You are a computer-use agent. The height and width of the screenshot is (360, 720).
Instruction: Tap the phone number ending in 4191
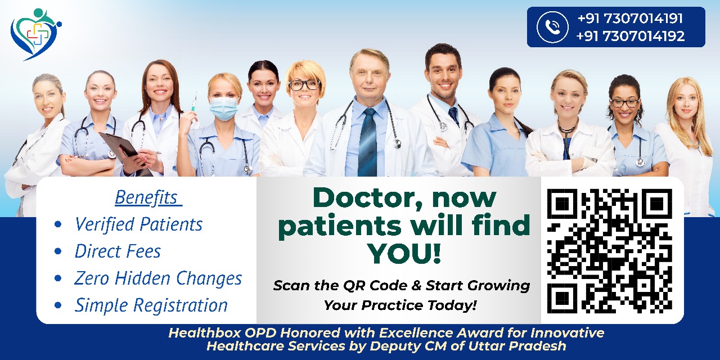(x=630, y=19)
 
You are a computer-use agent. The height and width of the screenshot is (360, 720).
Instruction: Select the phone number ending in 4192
(x=631, y=36)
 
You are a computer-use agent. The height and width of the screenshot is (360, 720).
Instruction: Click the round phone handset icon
(x=552, y=27)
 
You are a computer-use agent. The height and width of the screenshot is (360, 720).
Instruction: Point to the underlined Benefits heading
(x=148, y=197)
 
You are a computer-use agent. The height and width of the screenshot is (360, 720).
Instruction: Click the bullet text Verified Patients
(x=138, y=224)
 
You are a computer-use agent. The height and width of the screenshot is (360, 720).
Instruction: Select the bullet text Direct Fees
(x=118, y=251)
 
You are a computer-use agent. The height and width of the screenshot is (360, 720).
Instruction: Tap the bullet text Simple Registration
(x=151, y=305)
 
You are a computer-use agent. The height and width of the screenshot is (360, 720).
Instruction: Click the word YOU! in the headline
(x=404, y=253)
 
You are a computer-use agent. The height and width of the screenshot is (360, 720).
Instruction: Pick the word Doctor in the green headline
(x=367, y=199)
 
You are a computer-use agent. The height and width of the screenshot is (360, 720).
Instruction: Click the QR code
(x=609, y=251)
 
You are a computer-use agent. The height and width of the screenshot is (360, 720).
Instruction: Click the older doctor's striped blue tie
(x=367, y=142)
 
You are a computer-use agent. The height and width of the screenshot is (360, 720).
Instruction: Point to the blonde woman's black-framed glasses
(x=304, y=85)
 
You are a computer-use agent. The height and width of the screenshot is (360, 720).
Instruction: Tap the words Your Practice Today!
(x=400, y=305)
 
